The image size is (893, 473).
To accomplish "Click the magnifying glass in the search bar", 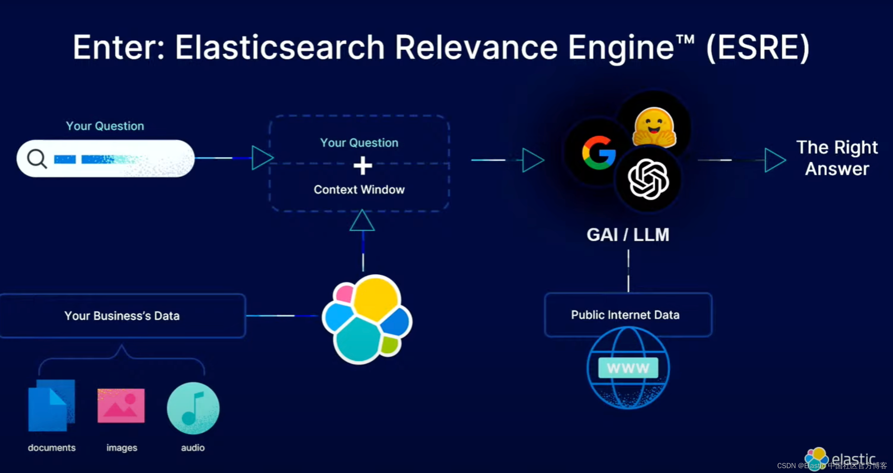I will pos(37,159).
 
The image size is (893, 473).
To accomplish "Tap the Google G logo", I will pos(599,153).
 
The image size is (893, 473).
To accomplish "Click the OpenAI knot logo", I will pos(648,180).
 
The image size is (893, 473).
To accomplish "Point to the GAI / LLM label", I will pos(628,235).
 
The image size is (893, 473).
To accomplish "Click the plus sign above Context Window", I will pos(362,166).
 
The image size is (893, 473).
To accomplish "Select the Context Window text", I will pos(359,190).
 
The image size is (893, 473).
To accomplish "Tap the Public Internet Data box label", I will pos(625,315).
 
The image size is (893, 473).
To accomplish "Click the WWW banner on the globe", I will pos(628,368).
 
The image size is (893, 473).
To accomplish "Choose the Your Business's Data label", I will pos(122,316).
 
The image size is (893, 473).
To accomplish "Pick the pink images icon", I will pos(121,406).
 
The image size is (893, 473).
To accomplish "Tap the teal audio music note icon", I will pos(193,408).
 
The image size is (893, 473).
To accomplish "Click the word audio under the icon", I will pos(193,448).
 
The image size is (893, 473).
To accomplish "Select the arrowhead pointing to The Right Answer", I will pos(775,160).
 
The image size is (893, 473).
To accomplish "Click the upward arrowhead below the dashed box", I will pos(362,221).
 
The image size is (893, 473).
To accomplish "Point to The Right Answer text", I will pos(837,158).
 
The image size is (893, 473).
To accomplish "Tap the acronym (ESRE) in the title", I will pos(758,47).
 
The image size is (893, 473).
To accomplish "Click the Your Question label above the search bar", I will pos(105,126).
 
